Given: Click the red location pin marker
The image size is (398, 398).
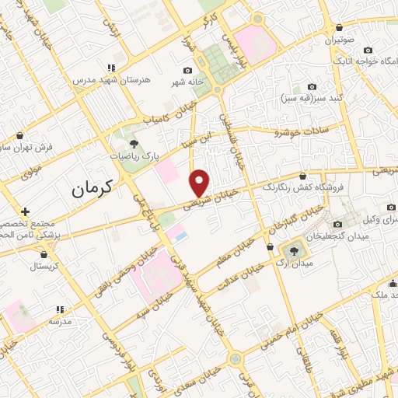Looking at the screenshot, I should click(x=200, y=183).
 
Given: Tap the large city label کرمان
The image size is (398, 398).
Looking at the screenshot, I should click(x=92, y=187).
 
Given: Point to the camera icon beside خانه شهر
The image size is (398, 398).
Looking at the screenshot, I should click(x=187, y=71).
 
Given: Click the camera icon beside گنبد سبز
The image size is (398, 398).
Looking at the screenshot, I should click(x=312, y=86).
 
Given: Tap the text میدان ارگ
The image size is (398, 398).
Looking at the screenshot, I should click(x=295, y=264).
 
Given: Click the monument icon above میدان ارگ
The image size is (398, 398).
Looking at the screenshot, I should click(x=294, y=250).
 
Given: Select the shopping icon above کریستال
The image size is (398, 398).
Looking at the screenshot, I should click(x=44, y=253).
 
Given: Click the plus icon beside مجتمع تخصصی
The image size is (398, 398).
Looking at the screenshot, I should click(x=26, y=211).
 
